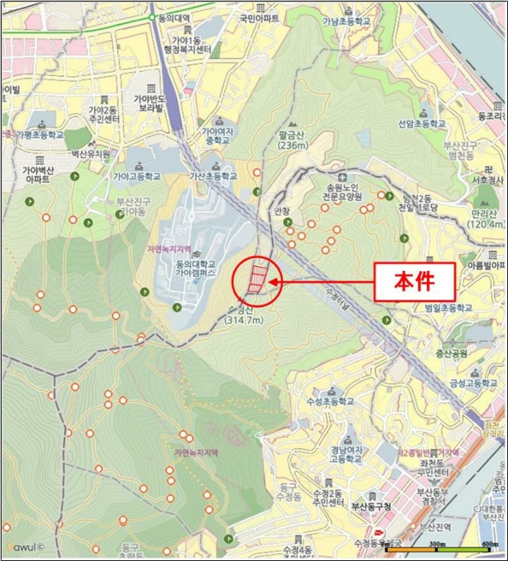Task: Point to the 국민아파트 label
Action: pyautogui.click(x=259, y=17)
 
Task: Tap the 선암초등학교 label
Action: pyautogui.click(x=421, y=125)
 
